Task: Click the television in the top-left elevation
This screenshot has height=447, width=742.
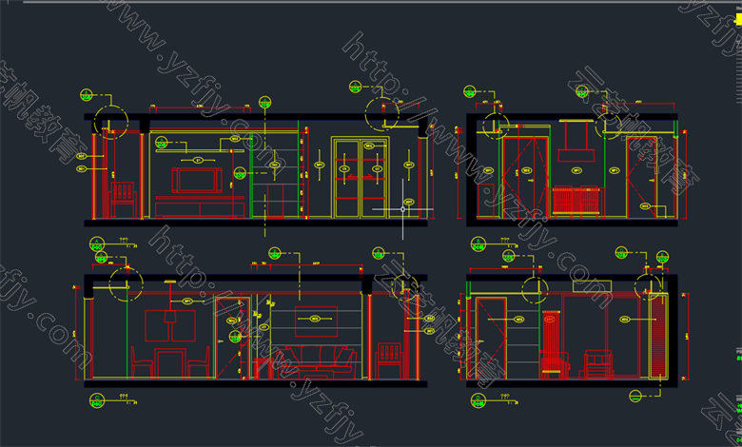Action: pos(196,180)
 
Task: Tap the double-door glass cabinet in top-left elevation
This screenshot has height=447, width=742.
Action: pos(361,178)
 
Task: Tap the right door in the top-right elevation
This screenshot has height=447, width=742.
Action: pos(641,177)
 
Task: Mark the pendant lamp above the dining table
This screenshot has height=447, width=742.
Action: pos(169,323)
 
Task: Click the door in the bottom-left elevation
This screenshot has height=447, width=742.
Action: pos(232,338)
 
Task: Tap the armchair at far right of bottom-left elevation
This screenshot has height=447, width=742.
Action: pos(391,360)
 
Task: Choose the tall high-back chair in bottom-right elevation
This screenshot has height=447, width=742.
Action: pos(553,346)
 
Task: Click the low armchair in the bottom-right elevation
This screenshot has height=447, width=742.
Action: pos(597,365)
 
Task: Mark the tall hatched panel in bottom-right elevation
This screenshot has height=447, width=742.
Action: pos(656,338)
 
